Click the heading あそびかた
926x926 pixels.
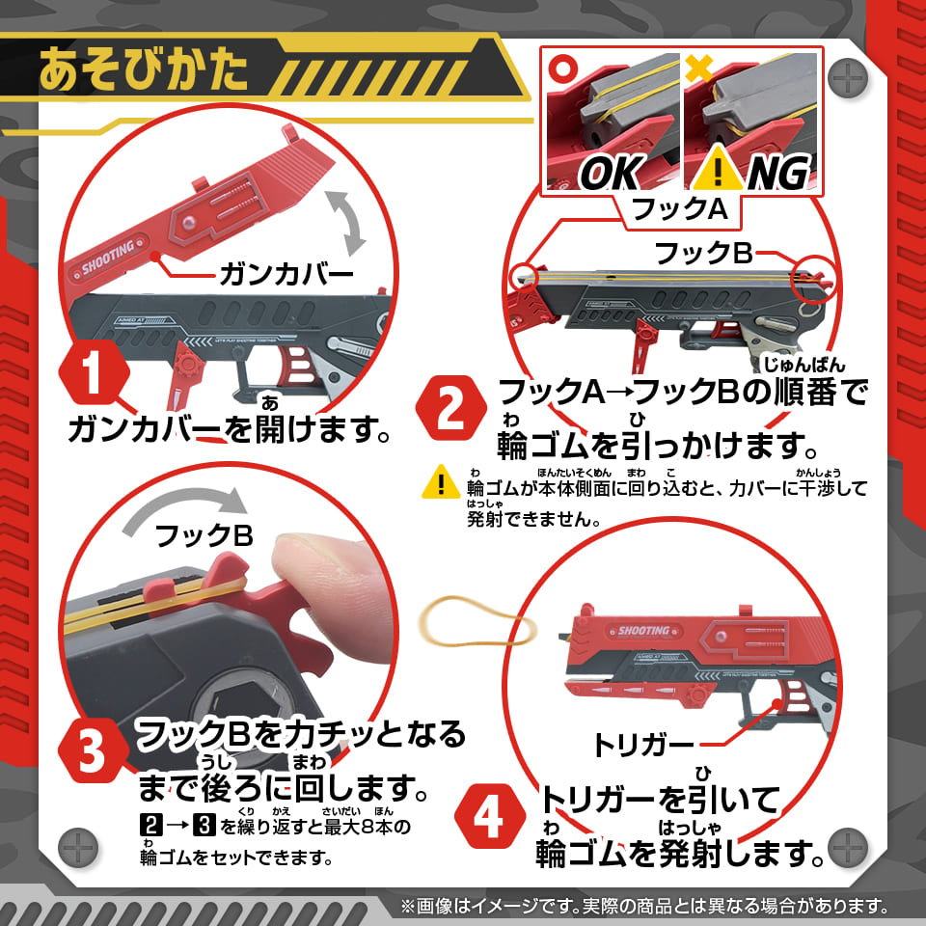[x=145, y=69]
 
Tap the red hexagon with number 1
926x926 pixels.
[x=93, y=377]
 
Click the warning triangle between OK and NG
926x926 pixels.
[x=716, y=173]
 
